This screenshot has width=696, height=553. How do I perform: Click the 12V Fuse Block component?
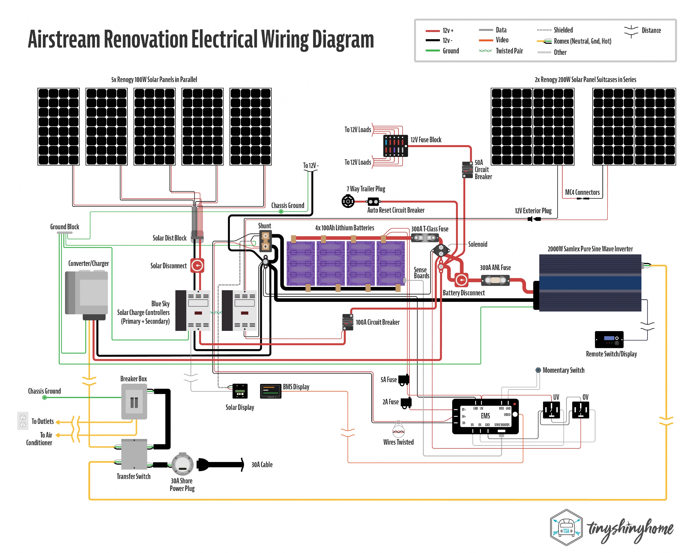(395, 146)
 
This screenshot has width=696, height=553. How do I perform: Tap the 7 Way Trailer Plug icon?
(348, 202)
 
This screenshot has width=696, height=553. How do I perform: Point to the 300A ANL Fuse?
(495, 280)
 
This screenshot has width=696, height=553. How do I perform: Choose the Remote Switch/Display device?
(609, 339)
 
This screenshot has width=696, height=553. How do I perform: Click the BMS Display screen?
(270, 391)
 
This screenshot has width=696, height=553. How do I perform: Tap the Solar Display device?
(240, 391)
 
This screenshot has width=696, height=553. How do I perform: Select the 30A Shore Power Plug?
(182, 465)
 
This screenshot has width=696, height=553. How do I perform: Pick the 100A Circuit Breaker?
(348, 322)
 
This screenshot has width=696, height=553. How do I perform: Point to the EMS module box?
(485, 416)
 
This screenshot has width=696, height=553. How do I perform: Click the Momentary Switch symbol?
(538, 370)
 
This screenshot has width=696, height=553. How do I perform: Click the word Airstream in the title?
(64, 39)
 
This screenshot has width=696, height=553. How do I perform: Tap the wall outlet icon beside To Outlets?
(23, 421)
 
